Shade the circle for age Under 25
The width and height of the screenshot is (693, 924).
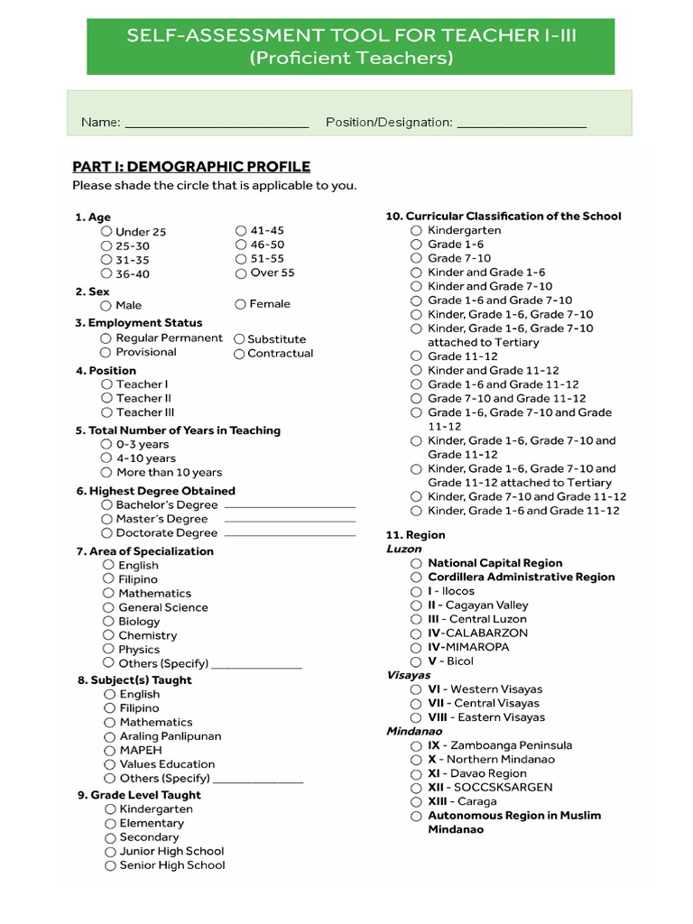(106, 232)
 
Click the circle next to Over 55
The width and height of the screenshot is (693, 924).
(241, 273)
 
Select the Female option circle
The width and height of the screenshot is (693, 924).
(240, 304)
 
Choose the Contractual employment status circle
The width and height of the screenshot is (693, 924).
(239, 354)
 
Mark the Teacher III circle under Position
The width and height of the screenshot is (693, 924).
(106, 412)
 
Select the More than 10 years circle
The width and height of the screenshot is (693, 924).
(106, 472)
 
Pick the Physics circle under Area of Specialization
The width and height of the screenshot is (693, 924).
(108, 650)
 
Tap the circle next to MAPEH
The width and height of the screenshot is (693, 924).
(109, 751)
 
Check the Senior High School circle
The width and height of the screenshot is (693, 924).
(110, 865)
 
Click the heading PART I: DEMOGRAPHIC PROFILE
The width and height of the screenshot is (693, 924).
(191, 167)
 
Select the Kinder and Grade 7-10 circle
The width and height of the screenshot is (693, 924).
(416, 286)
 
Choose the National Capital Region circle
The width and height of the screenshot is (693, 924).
(416, 563)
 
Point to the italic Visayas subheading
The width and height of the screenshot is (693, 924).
(409, 675)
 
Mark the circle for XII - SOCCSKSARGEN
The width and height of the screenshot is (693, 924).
(416, 788)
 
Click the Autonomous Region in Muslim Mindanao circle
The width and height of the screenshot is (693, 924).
(416, 816)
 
